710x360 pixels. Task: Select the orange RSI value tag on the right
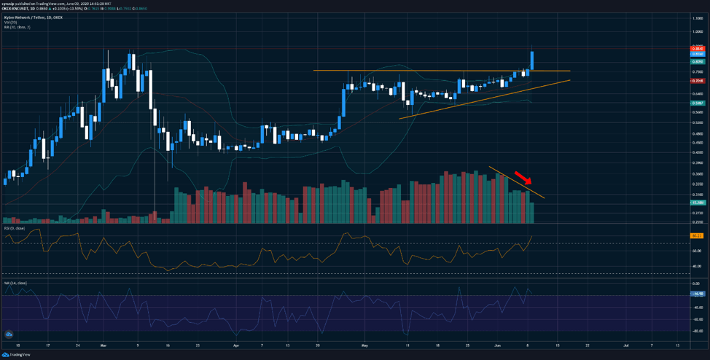[x=696, y=235]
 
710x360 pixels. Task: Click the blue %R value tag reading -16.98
[x=696, y=294]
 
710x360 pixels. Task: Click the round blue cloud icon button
[x=9, y=334]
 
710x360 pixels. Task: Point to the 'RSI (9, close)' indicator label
[x=15, y=228]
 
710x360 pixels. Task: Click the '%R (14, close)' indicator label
[x=15, y=283]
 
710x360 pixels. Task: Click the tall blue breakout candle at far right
[x=533, y=60]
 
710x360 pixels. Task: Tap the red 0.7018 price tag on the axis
[x=696, y=81]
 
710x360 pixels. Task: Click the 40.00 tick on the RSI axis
[x=697, y=266]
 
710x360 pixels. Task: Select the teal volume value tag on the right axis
[x=696, y=202]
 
